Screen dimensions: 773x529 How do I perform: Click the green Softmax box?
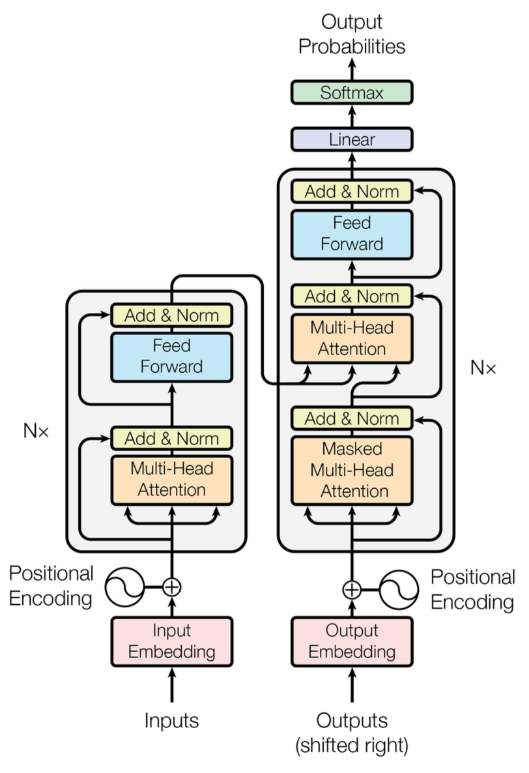(x=351, y=93)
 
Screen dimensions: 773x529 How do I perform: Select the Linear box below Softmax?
(x=351, y=139)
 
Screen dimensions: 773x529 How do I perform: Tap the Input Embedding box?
(x=172, y=641)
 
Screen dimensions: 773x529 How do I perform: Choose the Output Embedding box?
(x=351, y=641)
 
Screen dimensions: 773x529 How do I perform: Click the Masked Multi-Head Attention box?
(x=351, y=470)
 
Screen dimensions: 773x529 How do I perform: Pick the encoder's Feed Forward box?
(x=172, y=356)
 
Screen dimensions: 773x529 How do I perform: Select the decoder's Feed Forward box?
(x=351, y=233)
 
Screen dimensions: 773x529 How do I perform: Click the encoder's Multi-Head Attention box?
(x=172, y=479)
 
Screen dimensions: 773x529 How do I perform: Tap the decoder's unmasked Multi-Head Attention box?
(x=351, y=338)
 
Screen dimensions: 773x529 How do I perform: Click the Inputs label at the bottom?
(x=171, y=720)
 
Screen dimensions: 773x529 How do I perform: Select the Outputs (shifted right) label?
(x=352, y=733)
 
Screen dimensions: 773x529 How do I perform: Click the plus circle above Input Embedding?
(x=171, y=587)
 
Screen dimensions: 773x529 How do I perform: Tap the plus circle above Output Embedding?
(x=351, y=590)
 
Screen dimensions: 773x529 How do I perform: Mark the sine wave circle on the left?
(x=124, y=587)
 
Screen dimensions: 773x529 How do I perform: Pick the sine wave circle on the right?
(x=398, y=590)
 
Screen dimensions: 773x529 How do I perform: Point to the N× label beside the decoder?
(x=483, y=368)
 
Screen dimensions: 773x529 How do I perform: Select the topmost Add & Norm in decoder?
(x=351, y=191)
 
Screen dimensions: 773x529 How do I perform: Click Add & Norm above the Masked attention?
(x=351, y=418)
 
